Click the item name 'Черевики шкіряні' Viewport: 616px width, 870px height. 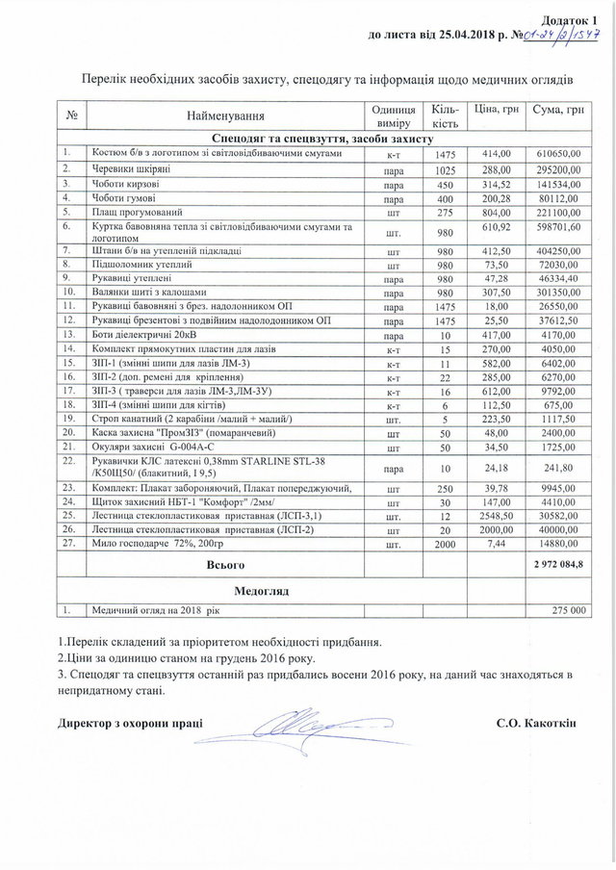pyautogui.click(x=132, y=168)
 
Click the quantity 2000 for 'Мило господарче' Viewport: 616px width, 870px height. pyautogui.click(x=446, y=544)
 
